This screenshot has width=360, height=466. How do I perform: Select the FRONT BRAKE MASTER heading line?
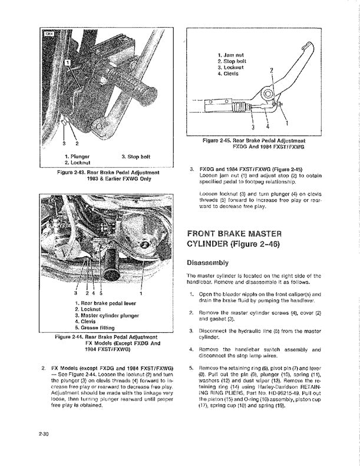231,234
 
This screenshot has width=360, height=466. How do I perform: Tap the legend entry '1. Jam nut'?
231,55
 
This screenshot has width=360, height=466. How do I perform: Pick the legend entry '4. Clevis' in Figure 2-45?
229,74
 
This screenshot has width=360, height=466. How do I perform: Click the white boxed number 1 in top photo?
68,61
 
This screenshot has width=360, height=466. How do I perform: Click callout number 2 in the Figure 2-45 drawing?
271,70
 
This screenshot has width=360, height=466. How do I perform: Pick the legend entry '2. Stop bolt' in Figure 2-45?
232,61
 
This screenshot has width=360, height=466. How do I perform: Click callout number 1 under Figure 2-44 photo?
141,293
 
